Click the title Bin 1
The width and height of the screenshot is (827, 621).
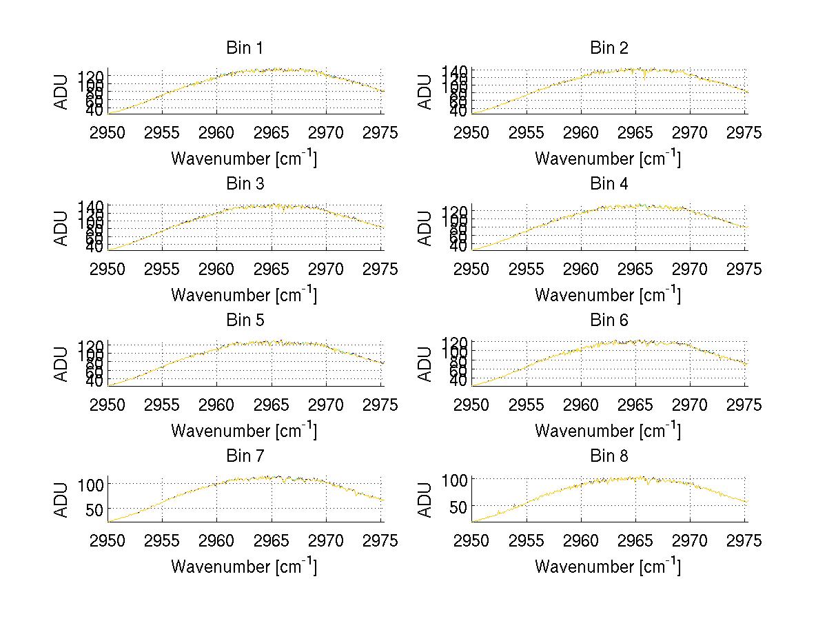tap(244, 48)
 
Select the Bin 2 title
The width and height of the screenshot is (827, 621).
tap(609, 48)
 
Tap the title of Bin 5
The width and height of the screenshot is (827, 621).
tap(244, 320)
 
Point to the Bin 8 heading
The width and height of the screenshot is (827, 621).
tap(609, 456)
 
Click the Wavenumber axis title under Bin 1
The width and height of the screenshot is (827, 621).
tap(244, 159)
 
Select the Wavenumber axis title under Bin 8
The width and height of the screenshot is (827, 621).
tap(608, 567)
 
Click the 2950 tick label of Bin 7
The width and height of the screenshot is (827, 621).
tap(108, 540)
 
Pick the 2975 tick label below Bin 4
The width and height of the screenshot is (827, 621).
tap(744, 269)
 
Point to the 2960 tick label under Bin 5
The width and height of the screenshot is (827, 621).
tap(217, 405)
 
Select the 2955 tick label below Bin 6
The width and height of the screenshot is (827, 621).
tap(527, 405)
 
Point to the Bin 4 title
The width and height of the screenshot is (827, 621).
tap(609, 184)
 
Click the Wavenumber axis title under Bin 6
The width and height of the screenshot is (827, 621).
tap(608, 431)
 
